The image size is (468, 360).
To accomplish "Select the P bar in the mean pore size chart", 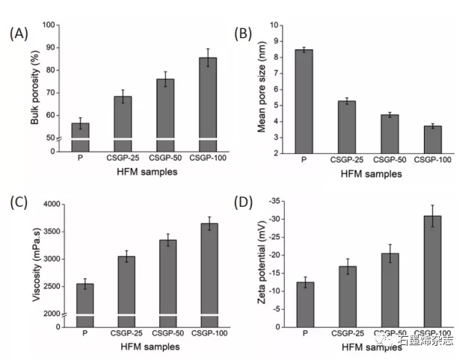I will coord(304,101).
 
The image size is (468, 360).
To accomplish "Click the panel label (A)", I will coord(21,33).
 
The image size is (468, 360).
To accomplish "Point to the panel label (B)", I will coord(247,33).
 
